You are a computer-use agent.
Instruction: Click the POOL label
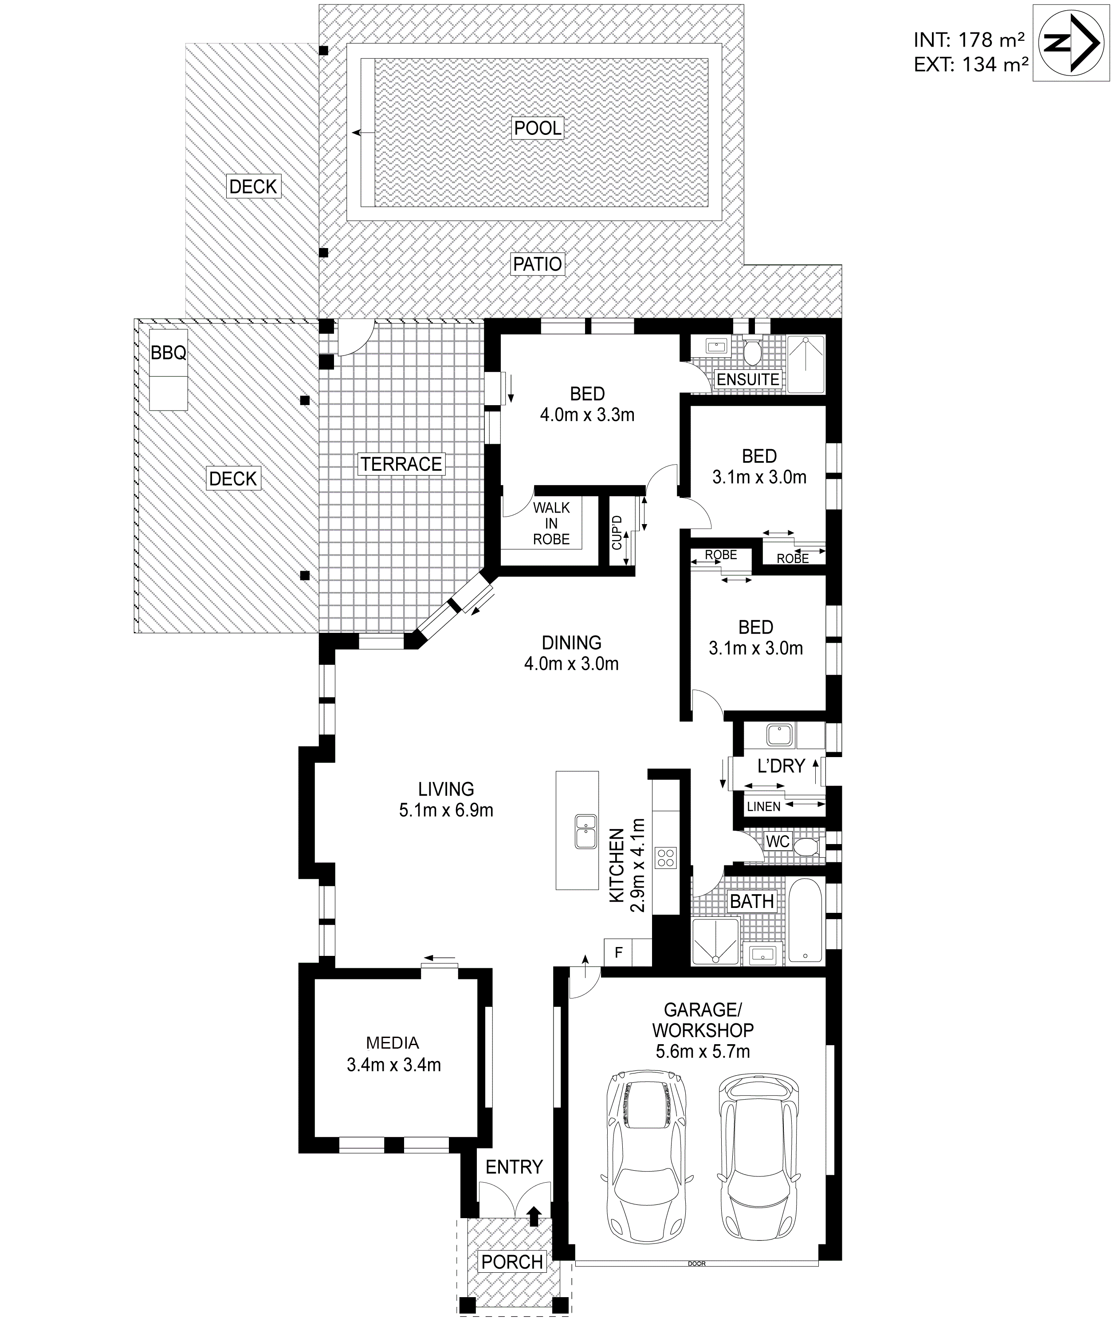click(x=538, y=129)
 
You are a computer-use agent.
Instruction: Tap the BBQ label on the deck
click(x=168, y=352)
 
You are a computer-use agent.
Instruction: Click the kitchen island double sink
click(x=586, y=831)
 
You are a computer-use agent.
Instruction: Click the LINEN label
click(x=764, y=806)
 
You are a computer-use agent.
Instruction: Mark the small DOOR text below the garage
click(x=696, y=1277)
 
